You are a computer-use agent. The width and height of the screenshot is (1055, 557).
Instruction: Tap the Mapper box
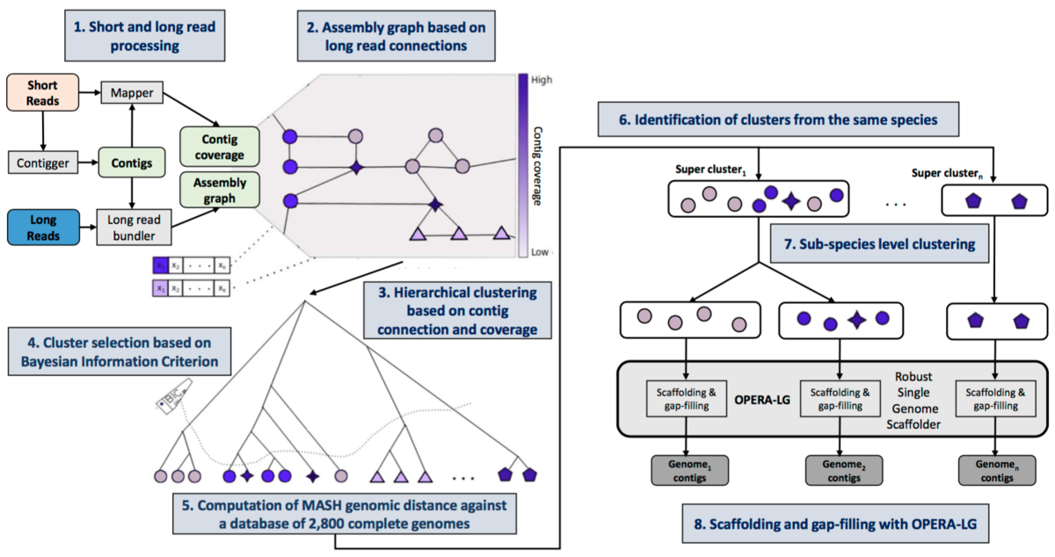[x=130, y=90]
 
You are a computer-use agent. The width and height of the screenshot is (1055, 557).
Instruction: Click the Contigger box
[x=43, y=163]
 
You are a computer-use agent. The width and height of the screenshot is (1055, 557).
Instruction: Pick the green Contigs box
[x=130, y=163]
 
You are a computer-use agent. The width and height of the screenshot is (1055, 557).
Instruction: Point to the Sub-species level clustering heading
[x=878, y=243]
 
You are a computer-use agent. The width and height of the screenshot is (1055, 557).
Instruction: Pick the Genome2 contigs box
[x=841, y=471]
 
